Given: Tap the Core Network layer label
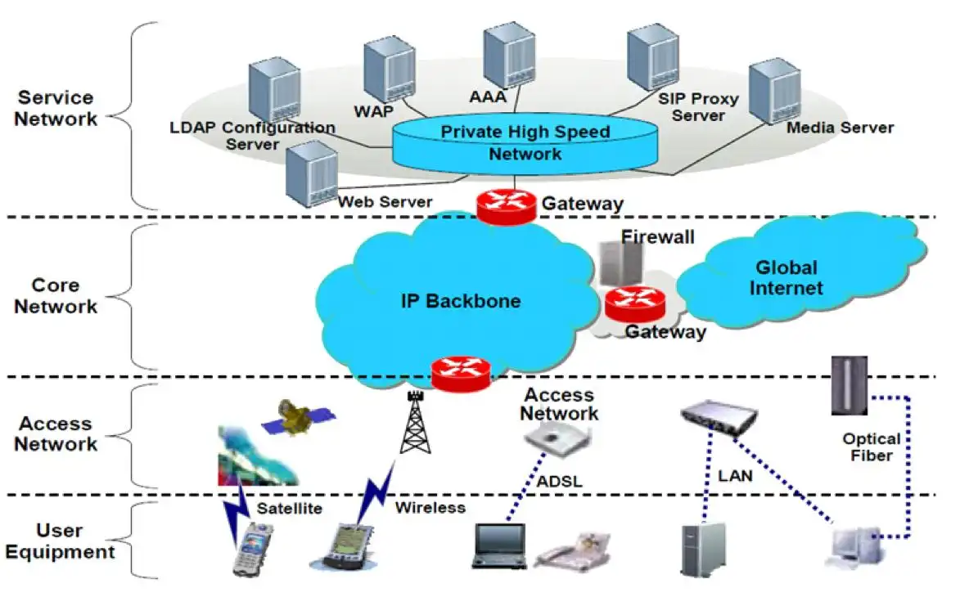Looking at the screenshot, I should coord(56,296).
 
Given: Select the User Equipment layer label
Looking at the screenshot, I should coord(60,541).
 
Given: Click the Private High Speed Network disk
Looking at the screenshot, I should coord(525,144).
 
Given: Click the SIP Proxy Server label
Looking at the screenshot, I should coord(698,107).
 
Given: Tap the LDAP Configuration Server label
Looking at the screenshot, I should coord(252,136).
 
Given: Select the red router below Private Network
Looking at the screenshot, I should coord(506,205).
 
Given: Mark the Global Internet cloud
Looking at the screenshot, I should coord(786,278).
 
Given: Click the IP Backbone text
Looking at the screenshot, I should coord(461,301).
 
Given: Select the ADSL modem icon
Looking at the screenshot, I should coord(559,441).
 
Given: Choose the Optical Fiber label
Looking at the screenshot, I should coord(872,447).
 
